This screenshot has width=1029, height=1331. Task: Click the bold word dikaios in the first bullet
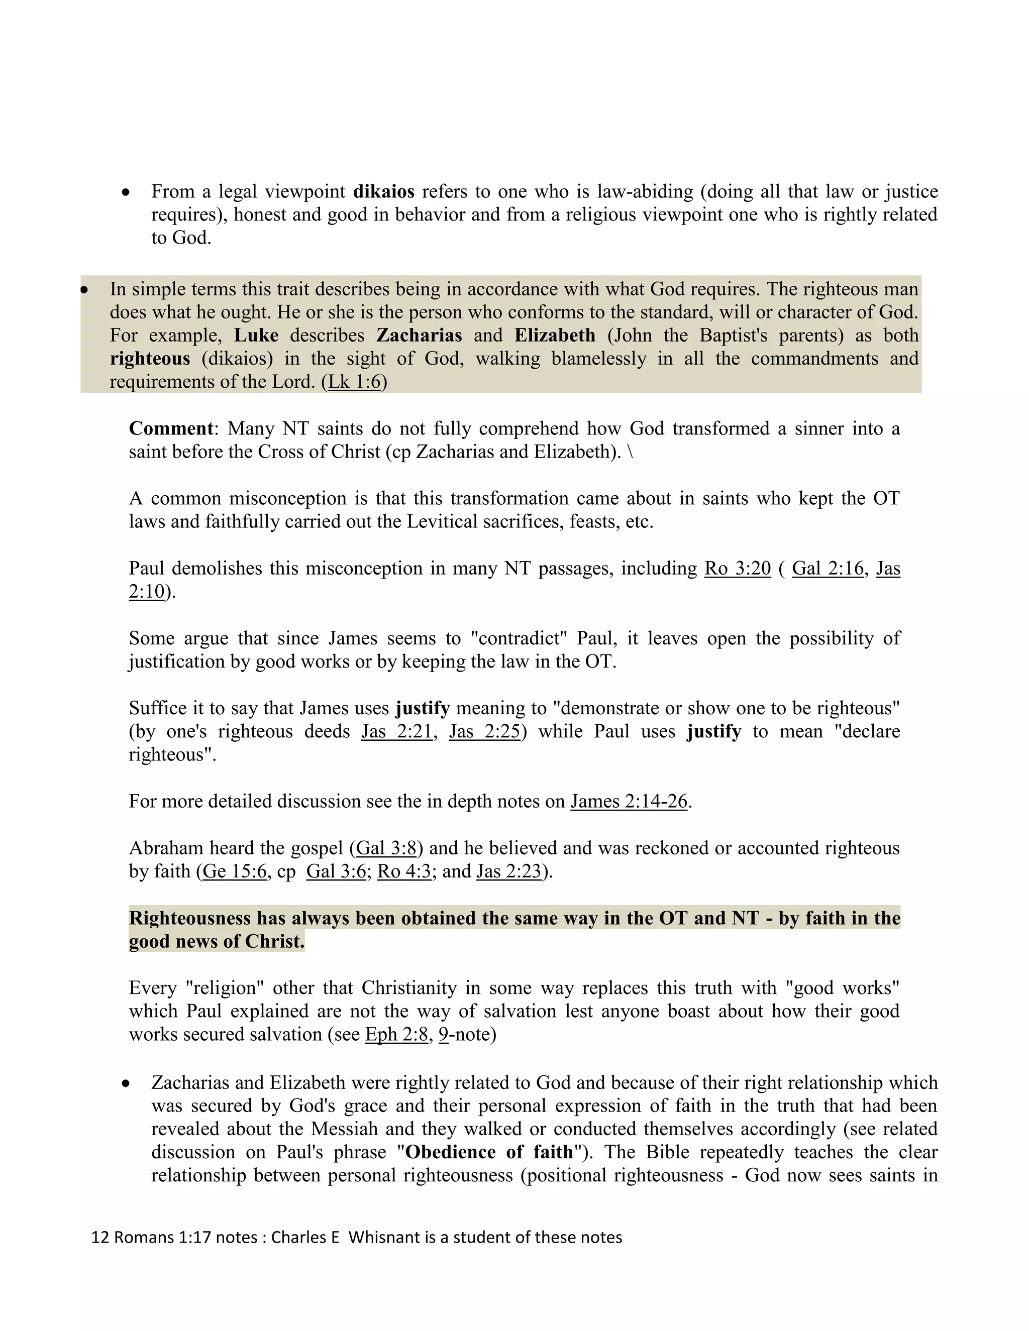383,191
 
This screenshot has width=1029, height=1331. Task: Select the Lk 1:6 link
354,382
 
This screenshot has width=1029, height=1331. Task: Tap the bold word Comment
171,428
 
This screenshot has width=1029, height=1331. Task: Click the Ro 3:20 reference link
738,568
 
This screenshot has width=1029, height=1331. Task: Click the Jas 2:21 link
396,731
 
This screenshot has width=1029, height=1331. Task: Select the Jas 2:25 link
485,731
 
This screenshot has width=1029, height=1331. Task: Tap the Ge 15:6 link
234,871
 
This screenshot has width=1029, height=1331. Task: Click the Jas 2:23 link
509,871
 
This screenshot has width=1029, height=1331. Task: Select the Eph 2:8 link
396,1034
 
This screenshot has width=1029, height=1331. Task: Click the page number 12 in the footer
99,1238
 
